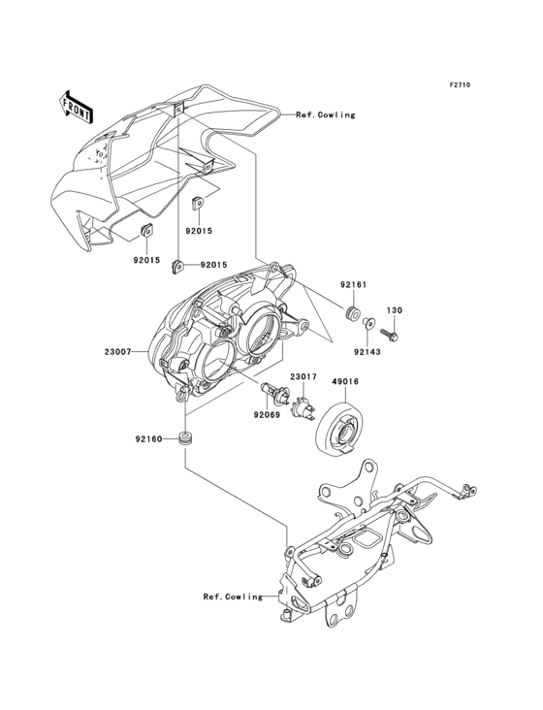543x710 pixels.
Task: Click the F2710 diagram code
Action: (459, 86)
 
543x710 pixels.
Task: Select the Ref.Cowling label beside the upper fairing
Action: (325, 114)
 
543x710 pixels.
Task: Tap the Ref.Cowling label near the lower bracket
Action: (233, 597)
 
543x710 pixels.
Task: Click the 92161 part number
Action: (354, 286)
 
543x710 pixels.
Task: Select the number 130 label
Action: (395, 310)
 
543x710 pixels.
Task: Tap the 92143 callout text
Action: (367, 351)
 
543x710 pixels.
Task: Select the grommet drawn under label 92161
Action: (353, 312)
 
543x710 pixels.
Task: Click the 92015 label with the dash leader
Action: (214, 265)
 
